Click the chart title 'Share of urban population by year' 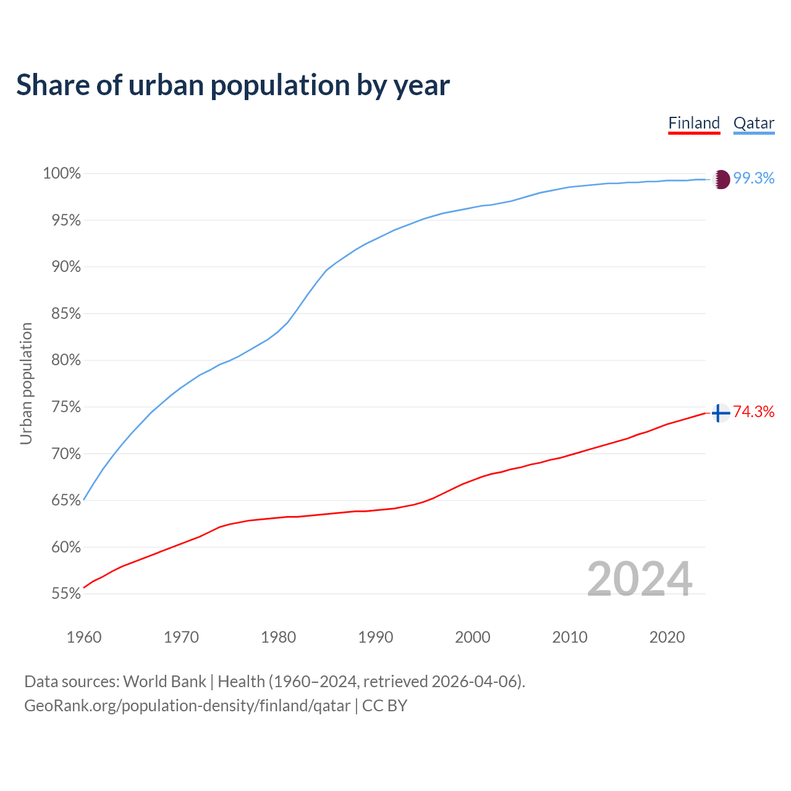pos(233,85)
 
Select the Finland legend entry pos(694,123)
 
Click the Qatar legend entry pos(753,123)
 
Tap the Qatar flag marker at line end pos(721,179)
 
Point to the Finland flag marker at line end pos(720,413)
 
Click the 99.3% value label pos(753,179)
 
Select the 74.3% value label pos(753,412)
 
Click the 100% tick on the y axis pos(62,174)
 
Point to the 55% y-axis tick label pos(66,594)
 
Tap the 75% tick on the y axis pos(66,407)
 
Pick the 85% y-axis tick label pos(66,314)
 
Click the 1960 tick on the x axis pos(84,637)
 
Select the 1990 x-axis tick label pos(376,637)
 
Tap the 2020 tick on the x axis pos(667,637)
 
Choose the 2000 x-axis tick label pos(473,637)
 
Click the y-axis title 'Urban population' pos(26,383)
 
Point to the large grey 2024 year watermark pos(640,579)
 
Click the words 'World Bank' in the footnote pos(164,682)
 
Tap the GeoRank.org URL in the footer pos(187,706)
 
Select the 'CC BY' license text pos(384,706)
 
